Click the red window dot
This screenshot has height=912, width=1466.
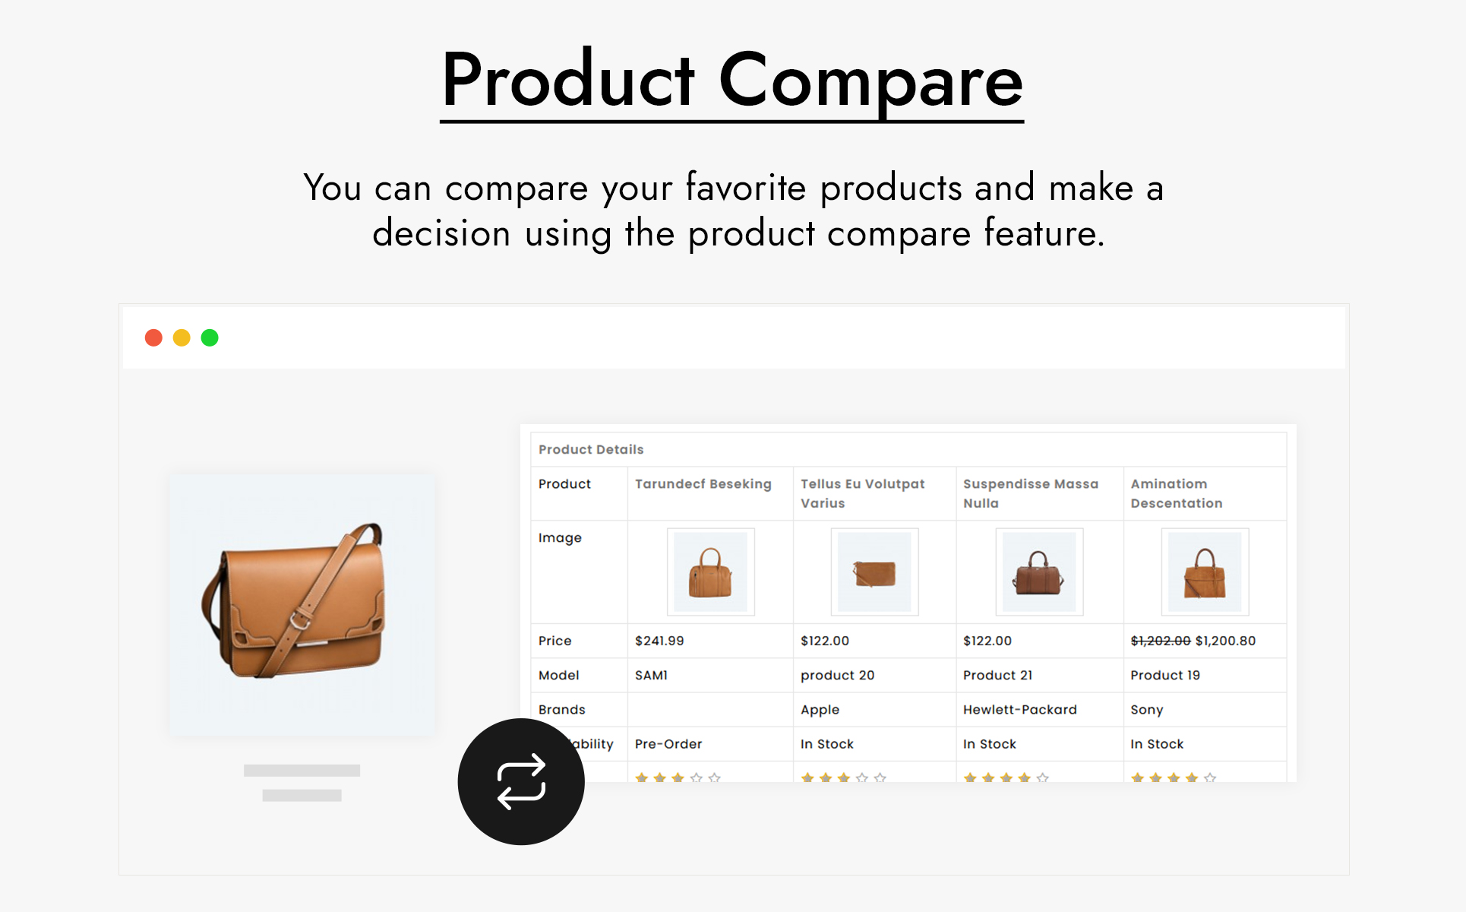(153, 337)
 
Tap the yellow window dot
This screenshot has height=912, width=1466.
(182, 337)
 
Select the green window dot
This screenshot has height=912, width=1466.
(210, 337)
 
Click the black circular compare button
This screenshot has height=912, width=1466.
(521, 781)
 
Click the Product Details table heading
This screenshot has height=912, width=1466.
(591, 449)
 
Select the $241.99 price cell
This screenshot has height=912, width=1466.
(659, 641)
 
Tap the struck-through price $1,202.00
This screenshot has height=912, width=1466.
(1161, 641)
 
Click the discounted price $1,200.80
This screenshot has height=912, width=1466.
(1225, 641)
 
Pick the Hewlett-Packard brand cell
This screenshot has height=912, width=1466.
(1020, 709)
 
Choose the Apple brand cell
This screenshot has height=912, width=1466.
(820, 710)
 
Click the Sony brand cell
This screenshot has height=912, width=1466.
(1146, 710)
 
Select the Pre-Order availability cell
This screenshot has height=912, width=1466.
(668, 744)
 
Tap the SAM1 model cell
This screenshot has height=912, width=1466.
(651, 675)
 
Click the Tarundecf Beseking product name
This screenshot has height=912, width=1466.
(703, 484)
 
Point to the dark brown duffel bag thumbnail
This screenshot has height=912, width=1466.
(1039, 572)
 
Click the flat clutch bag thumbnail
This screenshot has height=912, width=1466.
(874, 572)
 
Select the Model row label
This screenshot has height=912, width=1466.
(558, 675)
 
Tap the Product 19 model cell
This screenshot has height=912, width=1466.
(1165, 675)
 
